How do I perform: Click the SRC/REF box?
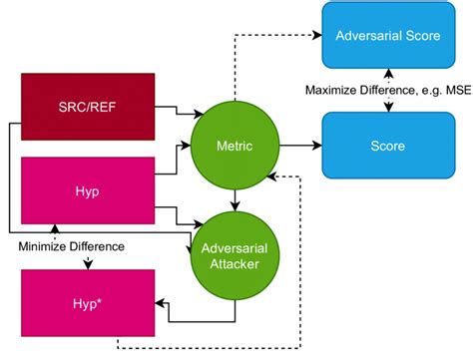[x=88, y=105]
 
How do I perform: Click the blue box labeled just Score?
[x=389, y=146]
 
